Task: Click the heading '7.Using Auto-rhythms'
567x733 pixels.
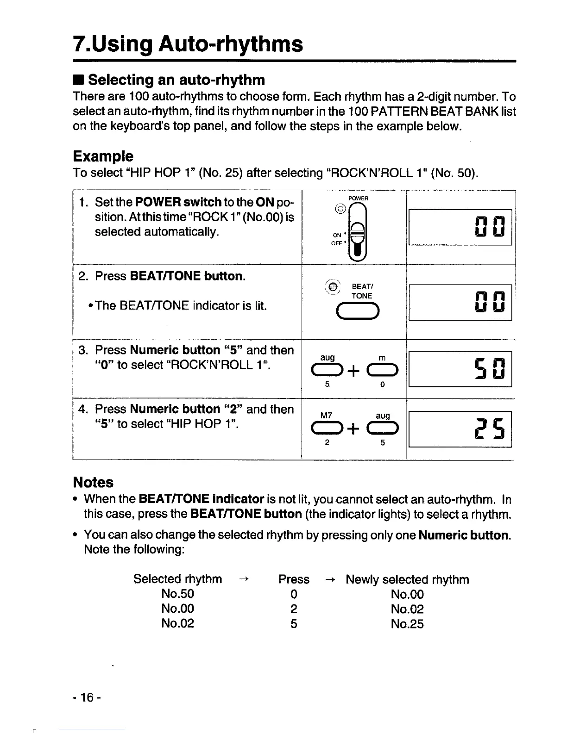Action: pos(188,44)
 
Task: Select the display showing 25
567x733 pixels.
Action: pos(460,429)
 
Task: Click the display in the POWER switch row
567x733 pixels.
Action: pos(460,227)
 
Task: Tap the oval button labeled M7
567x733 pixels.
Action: pos(327,429)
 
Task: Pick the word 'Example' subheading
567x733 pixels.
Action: pos(103,156)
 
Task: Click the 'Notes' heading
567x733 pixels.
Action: pos(93,483)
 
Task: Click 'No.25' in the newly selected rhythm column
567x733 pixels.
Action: pos(407,624)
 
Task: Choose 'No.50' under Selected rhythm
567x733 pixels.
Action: pos(177,594)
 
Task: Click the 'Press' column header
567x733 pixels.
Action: pos(294,579)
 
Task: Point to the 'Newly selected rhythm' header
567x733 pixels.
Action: pos(407,579)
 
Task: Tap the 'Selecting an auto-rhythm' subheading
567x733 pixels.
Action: pos(176,80)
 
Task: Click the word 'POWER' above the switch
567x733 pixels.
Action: pos(358,198)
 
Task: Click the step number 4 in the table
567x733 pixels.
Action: pos(83,410)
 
